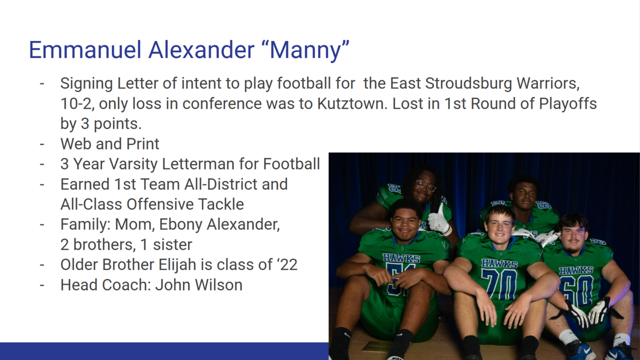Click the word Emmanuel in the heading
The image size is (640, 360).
tap(85, 50)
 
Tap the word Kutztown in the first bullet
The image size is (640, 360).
tap(353, 103)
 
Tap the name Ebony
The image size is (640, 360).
tap(181, 225)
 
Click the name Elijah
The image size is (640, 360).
tap(177, 265)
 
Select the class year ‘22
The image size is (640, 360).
tap(287, 265)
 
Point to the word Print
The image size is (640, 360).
tap(142, 143)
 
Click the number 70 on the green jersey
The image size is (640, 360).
tap(499, 283)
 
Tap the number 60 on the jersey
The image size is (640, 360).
tap(577, 290)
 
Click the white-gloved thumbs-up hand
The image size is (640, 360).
tap(439, 219)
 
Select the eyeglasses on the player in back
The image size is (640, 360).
tap(426, 186)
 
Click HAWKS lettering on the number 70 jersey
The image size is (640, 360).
tap(499, 263)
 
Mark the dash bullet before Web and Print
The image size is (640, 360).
tap(42, 144)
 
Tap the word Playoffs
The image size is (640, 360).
tap(568, 103)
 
